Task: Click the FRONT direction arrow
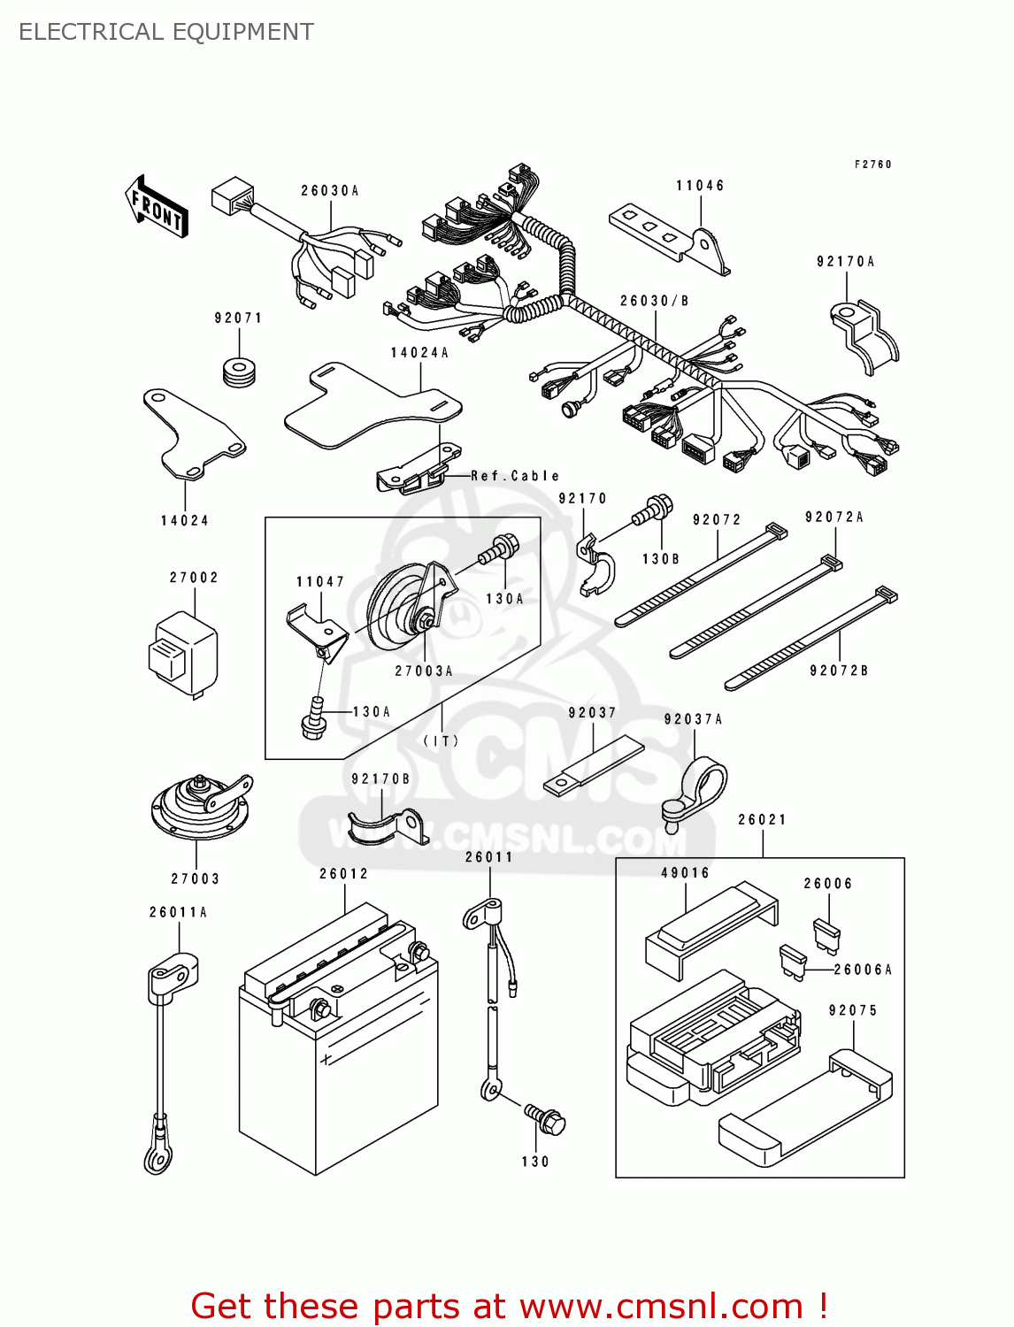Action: click(x=157, y=207)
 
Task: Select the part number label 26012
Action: click(x=343, y=873)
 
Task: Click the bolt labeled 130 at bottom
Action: click(x=545, y=1119)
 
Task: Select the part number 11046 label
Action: click(x=700, y=186)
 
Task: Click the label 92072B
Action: click(x=839, y=671)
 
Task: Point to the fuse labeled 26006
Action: click(x=828, y=933)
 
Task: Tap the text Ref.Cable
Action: click(x=515, y=475)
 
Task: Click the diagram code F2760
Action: click(x=872, y=165)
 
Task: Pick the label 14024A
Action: click(x=419, y=352)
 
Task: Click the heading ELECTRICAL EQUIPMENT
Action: click(x=166, y=32)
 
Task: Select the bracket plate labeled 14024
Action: click(x=190, y=433)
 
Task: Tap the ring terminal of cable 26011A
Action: click(x=157, y=1155)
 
